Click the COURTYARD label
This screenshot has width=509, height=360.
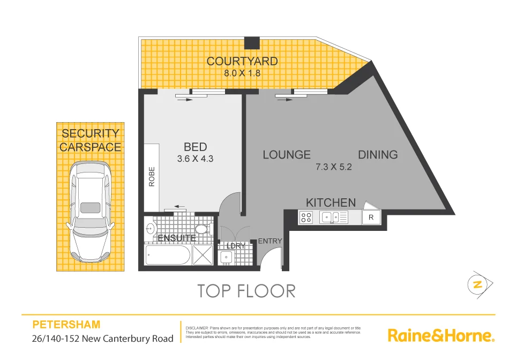coord(242,61)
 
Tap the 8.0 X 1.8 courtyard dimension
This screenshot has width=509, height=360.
coord(242,73)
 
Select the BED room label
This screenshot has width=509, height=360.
coord(195,147)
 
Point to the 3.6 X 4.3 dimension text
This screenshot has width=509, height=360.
coord(195,159)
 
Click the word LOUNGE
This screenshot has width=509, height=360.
coord(287,155)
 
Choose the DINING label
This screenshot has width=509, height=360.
coord(378,155)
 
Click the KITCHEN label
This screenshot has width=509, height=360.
coord(331,202)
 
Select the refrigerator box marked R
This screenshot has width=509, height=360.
coord(371,217)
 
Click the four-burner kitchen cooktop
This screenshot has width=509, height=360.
coord(306,217)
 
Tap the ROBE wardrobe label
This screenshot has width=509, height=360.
coord(152,177)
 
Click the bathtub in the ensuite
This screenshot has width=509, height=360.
coord(167,256)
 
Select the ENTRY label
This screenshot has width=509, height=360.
coord(270,241)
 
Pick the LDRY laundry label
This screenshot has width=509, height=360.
coord(235,245)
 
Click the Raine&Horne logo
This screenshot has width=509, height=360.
coord(440,336)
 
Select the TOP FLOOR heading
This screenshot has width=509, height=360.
coord(246,291)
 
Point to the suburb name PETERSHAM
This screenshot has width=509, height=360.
coord(66,325)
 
